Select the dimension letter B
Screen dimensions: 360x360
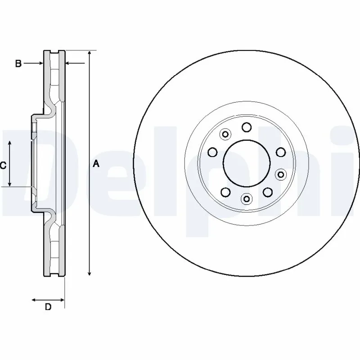(x=18, y=64)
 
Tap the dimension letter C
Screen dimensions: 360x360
(x=3, y=166)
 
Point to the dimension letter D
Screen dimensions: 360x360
(x=48, y=307)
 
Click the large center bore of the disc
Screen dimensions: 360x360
(x=247, y=162)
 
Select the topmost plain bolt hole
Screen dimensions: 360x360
(x=247, y=127)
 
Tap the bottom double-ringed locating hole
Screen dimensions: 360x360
(x=247, y=198)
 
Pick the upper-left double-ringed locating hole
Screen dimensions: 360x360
(x=225, y=134)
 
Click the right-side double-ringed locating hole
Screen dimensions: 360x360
(x=280, y=173)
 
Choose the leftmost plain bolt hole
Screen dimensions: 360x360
(x=213, y=152)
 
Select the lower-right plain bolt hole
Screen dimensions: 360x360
(x=268, y=192)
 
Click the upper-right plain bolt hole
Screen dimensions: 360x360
(x=280, y=152)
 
